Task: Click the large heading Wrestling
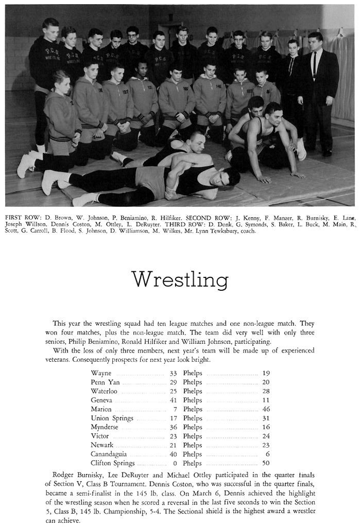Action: pos(180,279)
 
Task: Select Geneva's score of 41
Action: pos(173,400)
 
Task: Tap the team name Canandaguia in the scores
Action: pos(109,454)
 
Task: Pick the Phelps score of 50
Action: pos(265,463)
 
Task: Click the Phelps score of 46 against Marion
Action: pos(265,409)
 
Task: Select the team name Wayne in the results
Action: pos(101,373)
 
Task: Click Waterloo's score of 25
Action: pos(173,391)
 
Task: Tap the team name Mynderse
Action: pos(105,427)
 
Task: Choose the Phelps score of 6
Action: pos(267,454)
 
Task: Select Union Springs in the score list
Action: pos(112,418)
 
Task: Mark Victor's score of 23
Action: pos(173,436)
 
